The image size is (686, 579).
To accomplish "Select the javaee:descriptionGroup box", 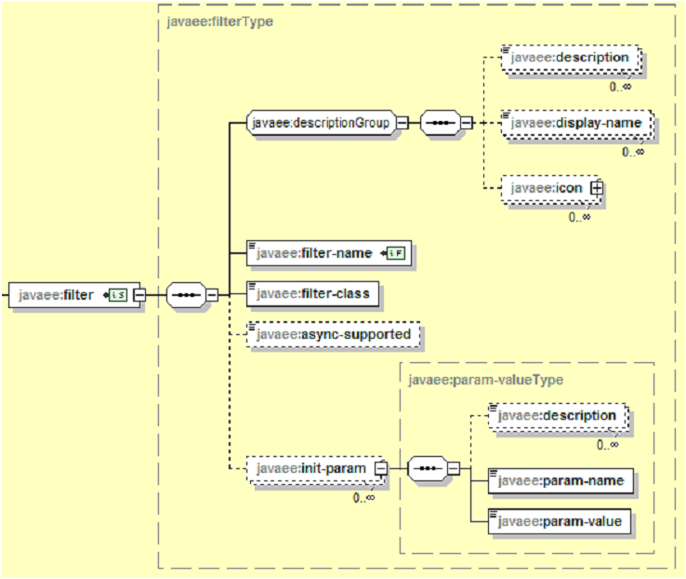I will pos(321,122).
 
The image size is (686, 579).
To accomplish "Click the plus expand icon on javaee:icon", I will pos(596,188).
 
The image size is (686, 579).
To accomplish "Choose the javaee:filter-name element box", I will pos(316,252).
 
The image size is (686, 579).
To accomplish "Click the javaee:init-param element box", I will pos(310,468).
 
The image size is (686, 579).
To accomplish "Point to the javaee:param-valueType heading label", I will pos(484,379).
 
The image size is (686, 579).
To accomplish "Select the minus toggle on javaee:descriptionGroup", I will pos(402,122).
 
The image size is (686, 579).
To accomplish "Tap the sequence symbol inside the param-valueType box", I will pos(428,468).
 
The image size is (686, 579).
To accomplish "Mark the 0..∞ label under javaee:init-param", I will pos(363,498).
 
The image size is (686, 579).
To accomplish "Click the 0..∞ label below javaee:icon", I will pos(580,217).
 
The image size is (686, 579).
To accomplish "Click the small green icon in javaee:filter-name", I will pos(396,252).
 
